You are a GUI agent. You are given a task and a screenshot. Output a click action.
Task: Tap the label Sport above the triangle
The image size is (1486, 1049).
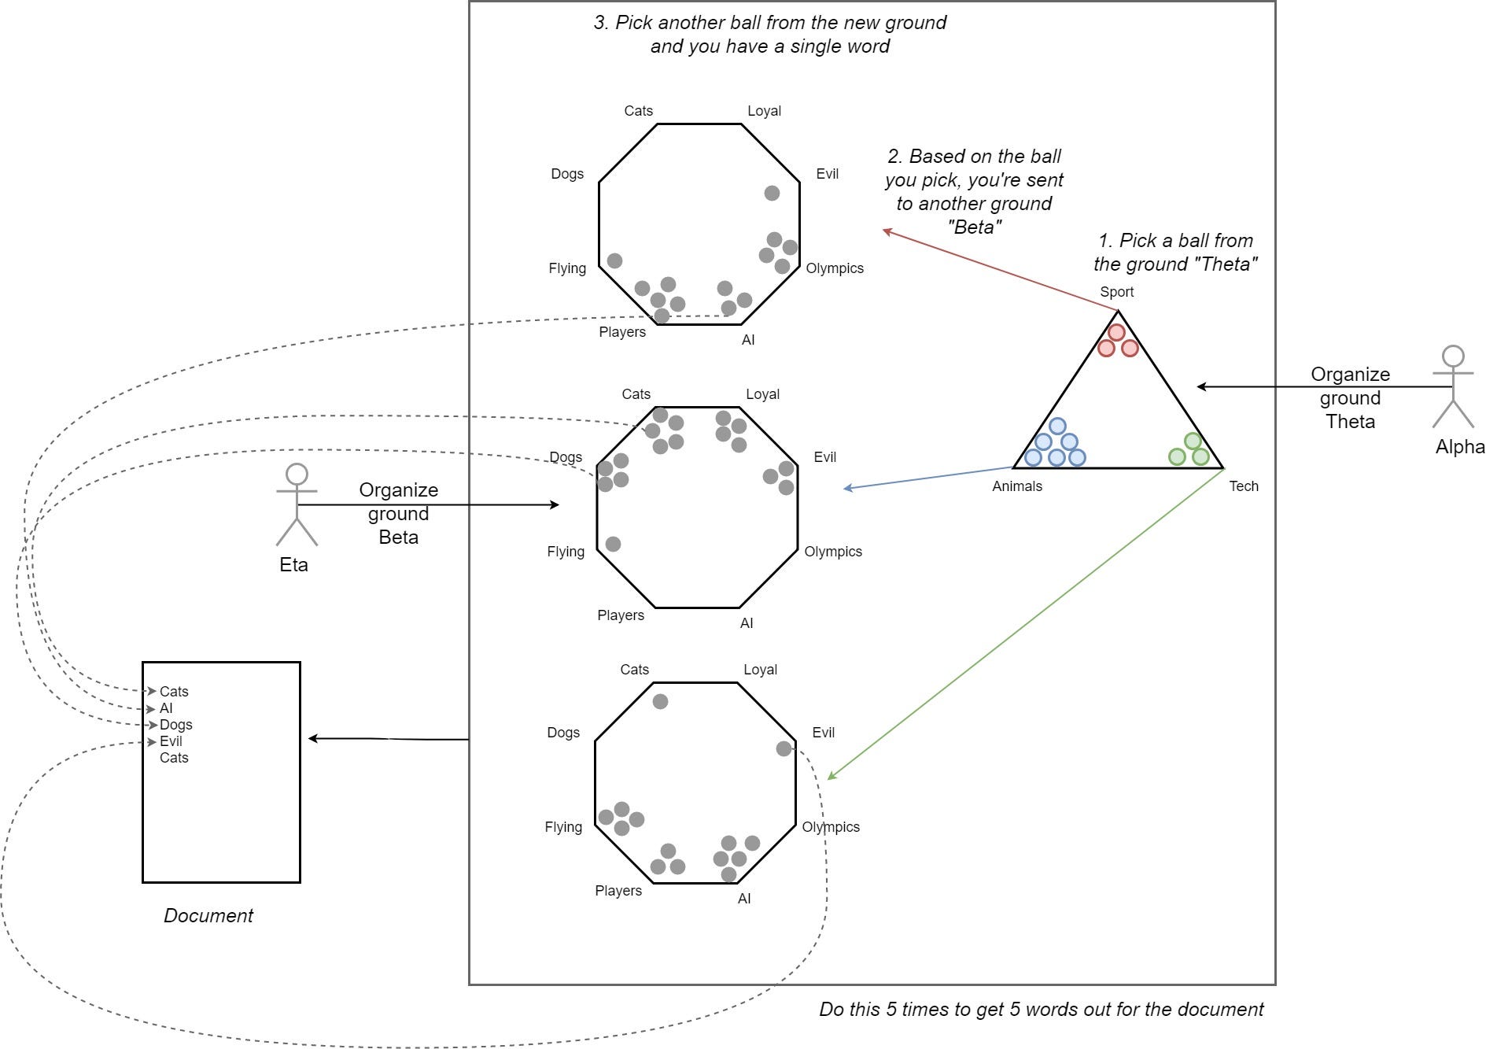click(x=1116, y=292)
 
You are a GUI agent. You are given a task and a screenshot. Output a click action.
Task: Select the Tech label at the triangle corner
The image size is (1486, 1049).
click(x=1243, y=486)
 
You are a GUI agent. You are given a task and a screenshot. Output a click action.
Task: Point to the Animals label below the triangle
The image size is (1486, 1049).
click(x=1016, y=486)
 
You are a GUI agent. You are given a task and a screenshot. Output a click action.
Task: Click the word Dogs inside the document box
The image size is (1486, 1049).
click(x=175, y=725)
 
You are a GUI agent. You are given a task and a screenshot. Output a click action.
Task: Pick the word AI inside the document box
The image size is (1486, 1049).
click(x=166, y=708)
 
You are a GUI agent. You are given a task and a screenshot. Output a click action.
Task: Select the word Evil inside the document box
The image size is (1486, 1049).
click(x=171, y=741)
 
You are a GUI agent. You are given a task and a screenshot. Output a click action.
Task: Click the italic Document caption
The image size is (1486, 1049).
click(x=208, y=915)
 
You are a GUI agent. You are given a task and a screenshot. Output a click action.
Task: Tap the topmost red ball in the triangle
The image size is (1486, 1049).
click(x=1116, y=332)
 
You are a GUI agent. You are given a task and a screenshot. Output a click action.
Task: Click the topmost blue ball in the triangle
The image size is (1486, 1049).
click(x=1057, y=427)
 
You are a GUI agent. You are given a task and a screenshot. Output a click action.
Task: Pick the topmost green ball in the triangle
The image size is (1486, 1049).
click(x=1193, y=441)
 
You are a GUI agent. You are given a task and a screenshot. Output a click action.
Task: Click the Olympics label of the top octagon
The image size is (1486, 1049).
click(x=834, y=268)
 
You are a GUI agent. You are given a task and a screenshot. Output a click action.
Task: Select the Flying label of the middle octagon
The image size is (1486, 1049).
click(x=566, y=552)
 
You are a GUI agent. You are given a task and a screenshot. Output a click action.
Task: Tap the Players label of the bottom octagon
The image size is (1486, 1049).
click(x=618, y=891)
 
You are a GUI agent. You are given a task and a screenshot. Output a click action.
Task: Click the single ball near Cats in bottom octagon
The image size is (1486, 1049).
click(x=660, y=701)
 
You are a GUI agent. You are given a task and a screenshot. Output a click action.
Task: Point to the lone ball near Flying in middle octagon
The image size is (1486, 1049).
click(x=613, y=544)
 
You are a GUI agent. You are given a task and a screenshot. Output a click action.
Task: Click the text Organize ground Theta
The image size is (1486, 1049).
click(x=1350, y=397)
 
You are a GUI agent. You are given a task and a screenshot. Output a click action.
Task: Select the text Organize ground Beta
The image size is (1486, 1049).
click(x=398, y=513)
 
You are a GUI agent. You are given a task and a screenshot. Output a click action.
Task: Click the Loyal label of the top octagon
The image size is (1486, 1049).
click(x=764, y=111)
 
